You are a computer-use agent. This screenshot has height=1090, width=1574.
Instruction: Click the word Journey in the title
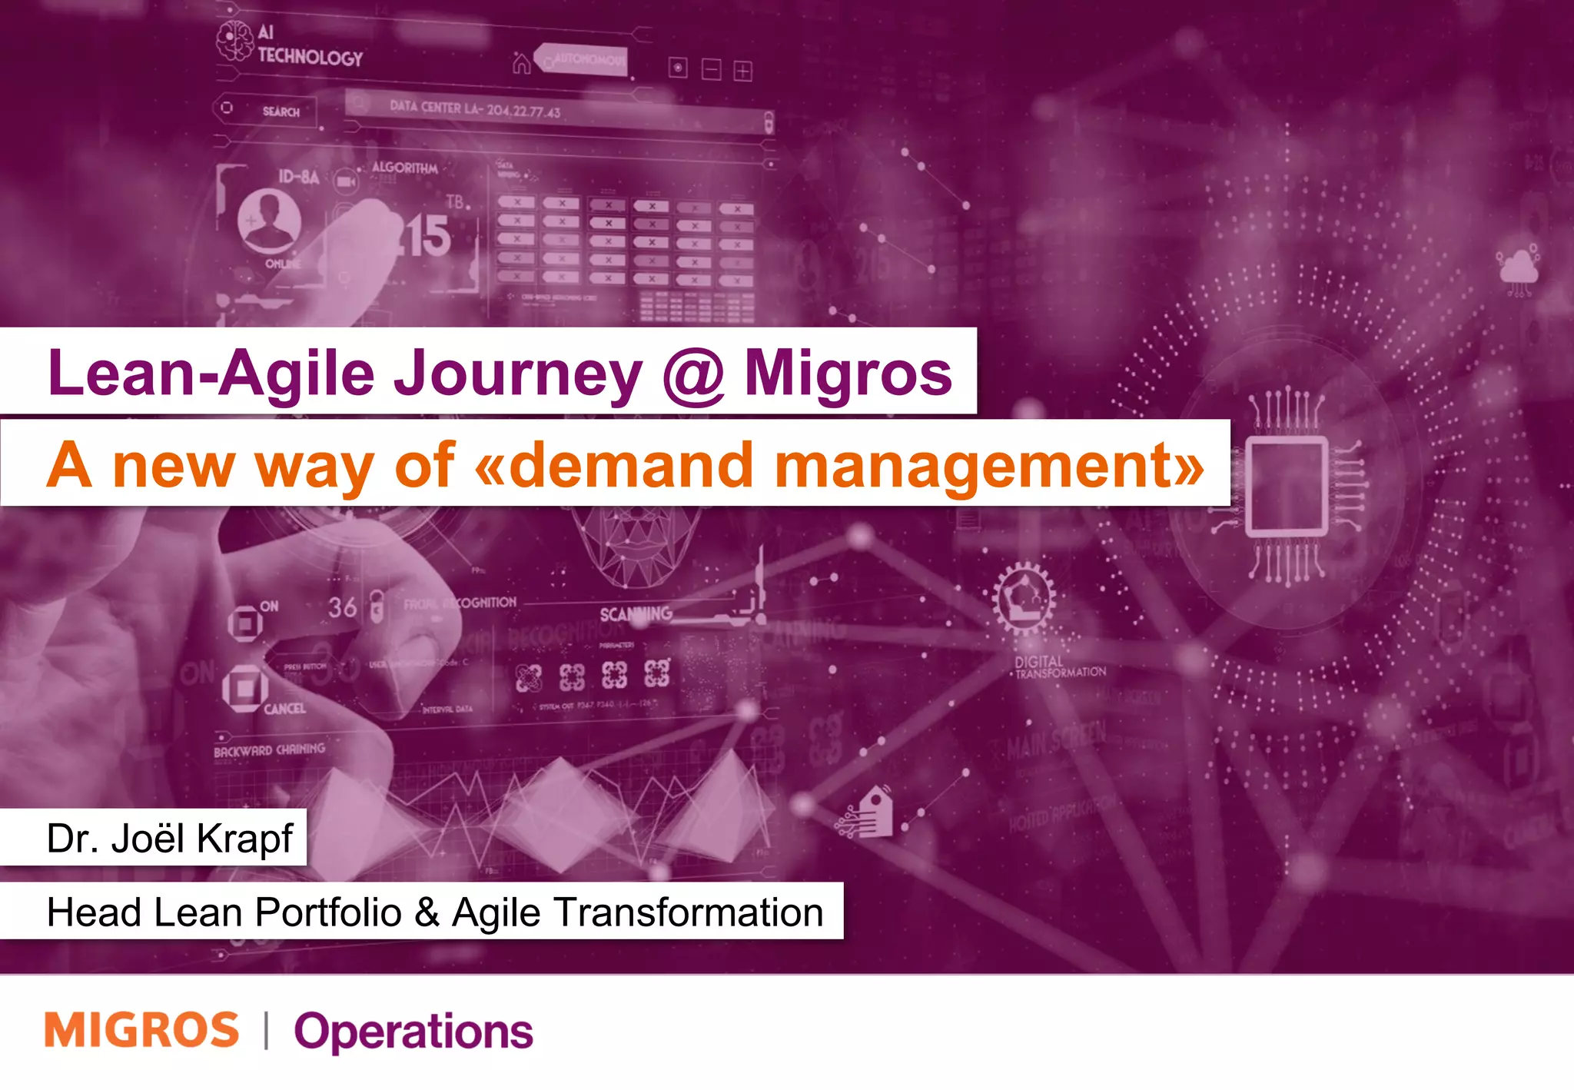517,374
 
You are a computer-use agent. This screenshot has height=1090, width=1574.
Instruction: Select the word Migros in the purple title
848,374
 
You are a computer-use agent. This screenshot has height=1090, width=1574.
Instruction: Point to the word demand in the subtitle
630,466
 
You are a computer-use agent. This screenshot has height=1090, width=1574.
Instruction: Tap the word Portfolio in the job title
328,912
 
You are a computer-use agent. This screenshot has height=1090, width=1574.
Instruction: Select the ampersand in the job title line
427,912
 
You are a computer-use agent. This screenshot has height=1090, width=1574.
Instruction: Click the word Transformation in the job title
688,912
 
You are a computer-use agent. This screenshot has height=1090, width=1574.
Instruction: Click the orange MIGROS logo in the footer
142,1030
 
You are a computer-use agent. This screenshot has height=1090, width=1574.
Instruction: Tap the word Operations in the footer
413,1032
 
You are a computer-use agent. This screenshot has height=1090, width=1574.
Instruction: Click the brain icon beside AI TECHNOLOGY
234,41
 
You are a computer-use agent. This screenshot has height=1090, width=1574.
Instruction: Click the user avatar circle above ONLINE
268,220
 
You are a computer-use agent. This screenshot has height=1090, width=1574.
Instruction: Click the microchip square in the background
1286,486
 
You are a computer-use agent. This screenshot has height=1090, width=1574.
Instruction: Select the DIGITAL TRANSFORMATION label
1059,667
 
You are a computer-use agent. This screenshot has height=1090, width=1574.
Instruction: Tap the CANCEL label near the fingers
284,709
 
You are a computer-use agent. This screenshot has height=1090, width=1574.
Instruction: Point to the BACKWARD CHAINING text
269,749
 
